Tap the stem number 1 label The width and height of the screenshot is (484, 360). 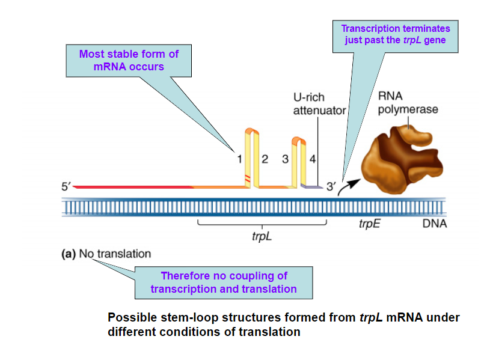[239, 159]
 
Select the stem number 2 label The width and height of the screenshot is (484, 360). [265, 159]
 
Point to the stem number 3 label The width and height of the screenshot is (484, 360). [285, 159]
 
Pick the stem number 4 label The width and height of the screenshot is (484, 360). [312, 159]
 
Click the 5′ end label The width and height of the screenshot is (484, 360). [66, 187]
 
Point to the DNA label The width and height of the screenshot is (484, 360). [435, 225]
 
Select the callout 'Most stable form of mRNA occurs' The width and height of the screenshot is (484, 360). [129, 60]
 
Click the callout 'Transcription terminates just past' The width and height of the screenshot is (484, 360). [396, 35]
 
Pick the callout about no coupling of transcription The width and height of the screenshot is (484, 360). [224, 282]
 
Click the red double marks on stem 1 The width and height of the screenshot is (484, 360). [247, 177]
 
